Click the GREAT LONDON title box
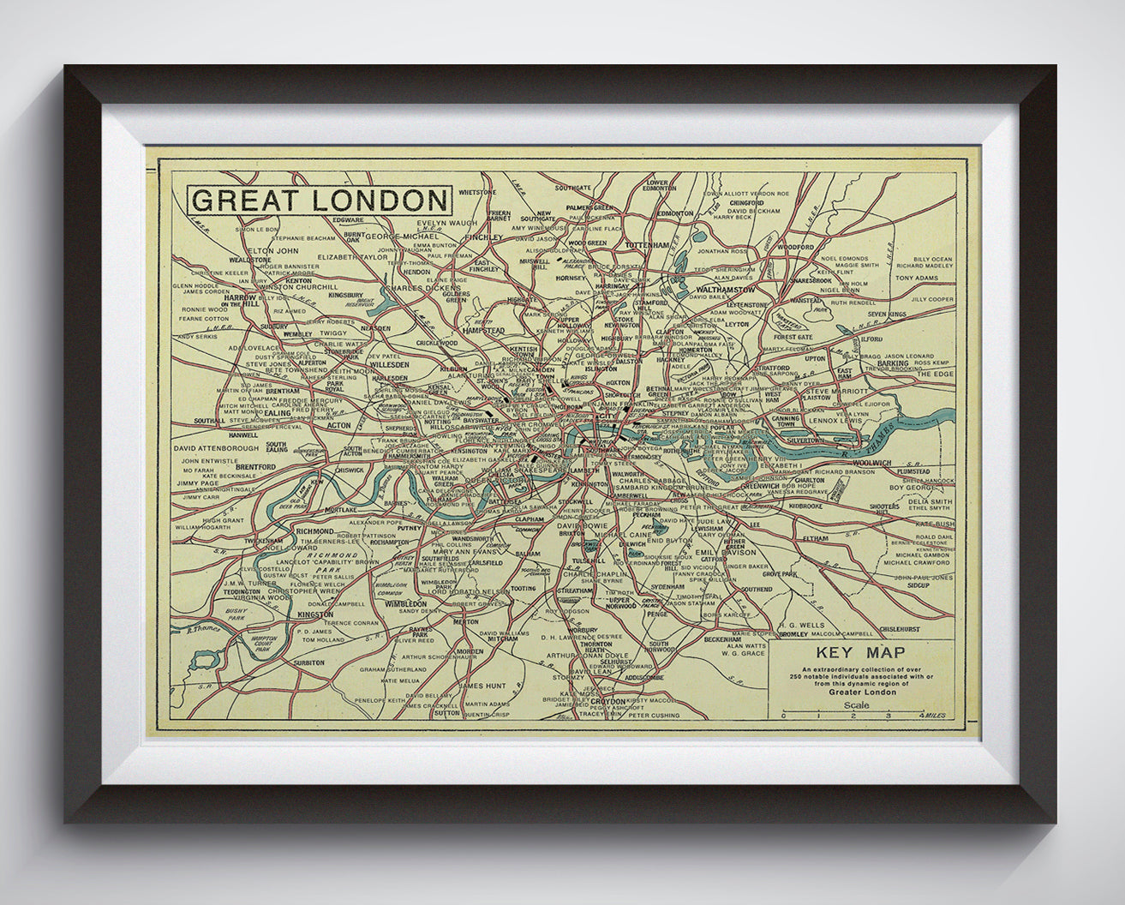319,201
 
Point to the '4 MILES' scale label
934,714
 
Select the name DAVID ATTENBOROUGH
215,447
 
